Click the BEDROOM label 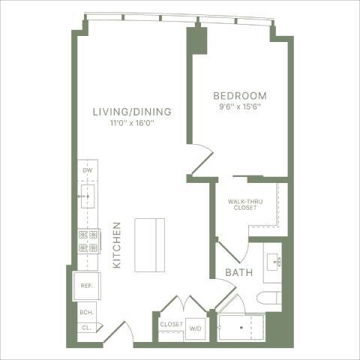pyautogui.click(x=240, y=96)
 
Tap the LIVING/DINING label pyautogui.click(x=132, y=112)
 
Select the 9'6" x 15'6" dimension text pyautogui.click(x=241, y=106)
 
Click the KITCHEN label pyautogui.click(x=117, y=245)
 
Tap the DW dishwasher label pyautogui.click(x=87, y=171)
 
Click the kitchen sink pyautogui.click(x=88, y=198)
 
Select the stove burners pyautogui.click(x=88, y=241)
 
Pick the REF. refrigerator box pyautogui.click(x=86, y=286)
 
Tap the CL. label pyautogui.click(x=86, y=327)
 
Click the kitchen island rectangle pyautogui.click(x=150, y=245)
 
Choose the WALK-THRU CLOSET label pyautogui.click(x=245, y=203)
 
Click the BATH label pyautogui.click(x=238, y=274)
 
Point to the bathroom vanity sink pyautogui.click(x=272, y=262)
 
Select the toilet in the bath pyautogui.click(x=269, y=298)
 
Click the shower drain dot pyautogui.click(x=241, y=328)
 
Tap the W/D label pyautogui.click(x=196, y=328)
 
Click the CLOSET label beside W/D pyautogui.click(x=171, y=324)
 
